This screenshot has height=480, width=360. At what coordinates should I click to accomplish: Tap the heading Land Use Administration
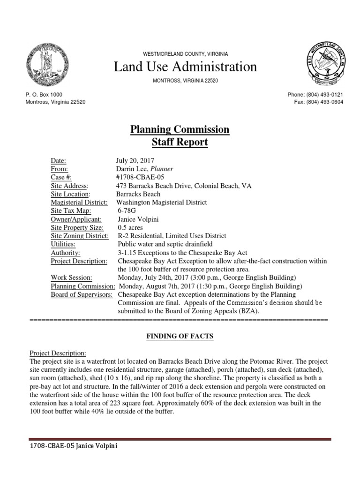[x=186, y=67]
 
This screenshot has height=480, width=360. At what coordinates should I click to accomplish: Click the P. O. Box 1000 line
[x=44, y=95]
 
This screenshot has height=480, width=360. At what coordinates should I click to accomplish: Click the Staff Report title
[x=180, y=142]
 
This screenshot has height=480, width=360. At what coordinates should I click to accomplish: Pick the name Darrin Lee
[x=131, y=169]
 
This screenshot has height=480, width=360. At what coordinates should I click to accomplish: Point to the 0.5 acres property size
[x=130, y=228]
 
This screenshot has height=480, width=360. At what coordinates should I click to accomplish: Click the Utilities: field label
[x=63, y=244]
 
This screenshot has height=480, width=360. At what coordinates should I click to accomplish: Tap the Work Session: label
[x=71, y=277]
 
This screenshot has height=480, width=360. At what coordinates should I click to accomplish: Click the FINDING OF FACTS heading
[x=180, y=336]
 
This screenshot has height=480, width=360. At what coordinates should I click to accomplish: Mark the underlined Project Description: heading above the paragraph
[x=58, y=352]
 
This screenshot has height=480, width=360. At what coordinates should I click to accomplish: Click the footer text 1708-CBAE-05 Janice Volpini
[x=73, y=446]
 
